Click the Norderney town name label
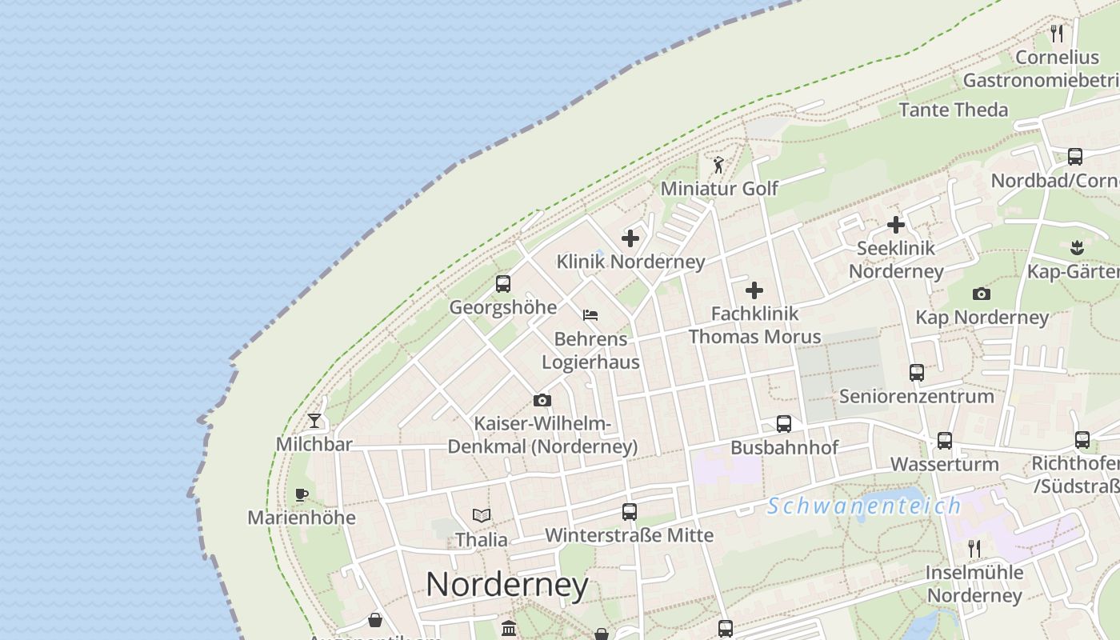click(507, 585)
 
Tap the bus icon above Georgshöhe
click(503, 283)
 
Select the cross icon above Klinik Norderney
click(630, 238)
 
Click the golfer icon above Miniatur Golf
click(718, 165)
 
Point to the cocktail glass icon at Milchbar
click(314, 420)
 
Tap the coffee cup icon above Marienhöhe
click(302, 494)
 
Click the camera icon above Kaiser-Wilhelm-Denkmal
click(542, 400)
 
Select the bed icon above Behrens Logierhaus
click(590, 315)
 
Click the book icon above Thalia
click(481, 515)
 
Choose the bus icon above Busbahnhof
click(784, 424)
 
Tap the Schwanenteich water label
click(864, 506)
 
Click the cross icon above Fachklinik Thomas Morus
click(754, 290)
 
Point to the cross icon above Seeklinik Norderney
click(896, 225)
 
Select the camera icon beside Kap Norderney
click(982, 294)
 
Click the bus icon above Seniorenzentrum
click(917, 372)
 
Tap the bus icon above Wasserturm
click(945, 440)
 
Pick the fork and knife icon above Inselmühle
click(974, 548)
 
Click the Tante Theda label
click(954, 110)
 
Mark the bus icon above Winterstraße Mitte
click(630, 511)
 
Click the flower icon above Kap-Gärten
click(1077, 247)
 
